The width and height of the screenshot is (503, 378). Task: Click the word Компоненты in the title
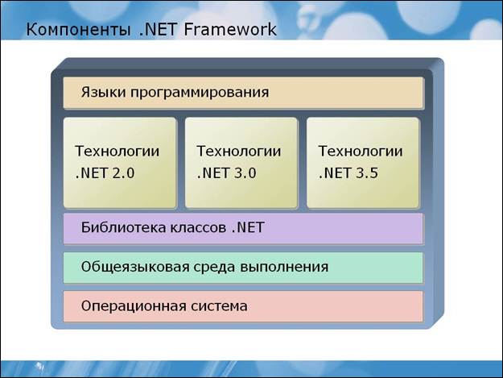click(x=78, y=30)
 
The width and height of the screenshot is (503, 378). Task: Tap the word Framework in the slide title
click(x=230, y=29)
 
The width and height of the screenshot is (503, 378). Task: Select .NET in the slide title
click(x=159, y=29)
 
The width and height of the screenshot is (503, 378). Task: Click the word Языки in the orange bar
click(x=103, y=92)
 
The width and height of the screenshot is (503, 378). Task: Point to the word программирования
click(x=200, y=93)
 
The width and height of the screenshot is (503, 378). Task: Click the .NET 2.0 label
click(x=105, y=173)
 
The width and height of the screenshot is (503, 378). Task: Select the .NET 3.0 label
click(x=226, y=173)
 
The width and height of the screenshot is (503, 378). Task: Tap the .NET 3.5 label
click(x=348, y=173)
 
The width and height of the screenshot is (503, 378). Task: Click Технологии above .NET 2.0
click(x=117, y=152)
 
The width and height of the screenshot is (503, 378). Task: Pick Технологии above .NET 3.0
click(x=239, y=152)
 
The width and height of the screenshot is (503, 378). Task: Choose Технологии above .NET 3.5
click(x=361, y=152)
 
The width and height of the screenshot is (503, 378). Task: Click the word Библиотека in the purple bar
click(x=123, y=227)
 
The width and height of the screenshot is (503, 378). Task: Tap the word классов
click(x=198, y=228)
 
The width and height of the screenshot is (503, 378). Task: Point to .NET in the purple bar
click(x=248, y=227)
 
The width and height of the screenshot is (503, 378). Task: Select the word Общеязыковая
click(x=135, y=267)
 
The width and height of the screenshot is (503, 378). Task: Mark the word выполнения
click(x=284, y=267)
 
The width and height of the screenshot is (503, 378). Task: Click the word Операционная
click(x=134, y=306)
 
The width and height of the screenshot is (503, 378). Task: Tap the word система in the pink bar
click(x=219, y=306)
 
